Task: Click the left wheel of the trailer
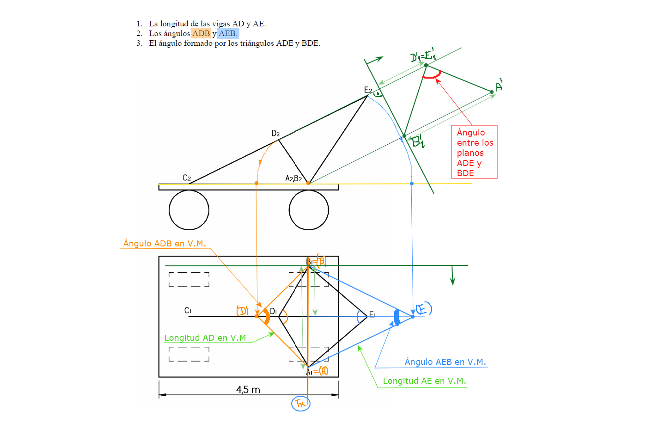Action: tap(189, 210)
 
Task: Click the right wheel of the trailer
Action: tap(309, 210)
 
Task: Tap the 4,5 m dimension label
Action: tap(248, 390)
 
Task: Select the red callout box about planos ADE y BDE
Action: tap(474, 152)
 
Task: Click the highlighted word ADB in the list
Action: tap(201, 33)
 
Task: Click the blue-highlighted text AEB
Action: tap(227, 33)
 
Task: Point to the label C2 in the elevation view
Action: tap(187, 178)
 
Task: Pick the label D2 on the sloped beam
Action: tap(275, 134)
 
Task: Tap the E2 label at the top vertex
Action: tap(368, 90)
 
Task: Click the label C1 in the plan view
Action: tap(188, 310)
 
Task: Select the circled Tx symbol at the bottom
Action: tap(301, 404)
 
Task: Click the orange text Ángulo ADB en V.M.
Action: tap(165, 244)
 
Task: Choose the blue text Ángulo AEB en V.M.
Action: tap(445, 362)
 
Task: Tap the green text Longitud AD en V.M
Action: tap(205, 338)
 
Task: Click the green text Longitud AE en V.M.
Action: tap(424, 381)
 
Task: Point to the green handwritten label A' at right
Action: tap(499, 86)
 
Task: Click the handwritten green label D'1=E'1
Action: tap(423, 55)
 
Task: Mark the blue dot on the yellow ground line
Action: tap(412, 184)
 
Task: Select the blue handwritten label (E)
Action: tap(423, 308)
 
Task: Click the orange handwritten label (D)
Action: tap(242, 311)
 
